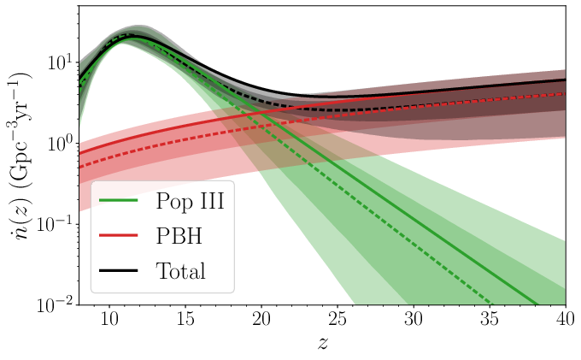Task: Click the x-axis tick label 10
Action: coord(109,320)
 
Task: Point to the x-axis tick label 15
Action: coord(185,320)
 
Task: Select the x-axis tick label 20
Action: coord(261,320)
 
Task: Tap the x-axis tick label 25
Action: coord(337,320)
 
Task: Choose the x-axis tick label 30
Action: coord(413,320)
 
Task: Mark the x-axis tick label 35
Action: coord(489,320)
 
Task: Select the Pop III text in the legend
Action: coord(195,203)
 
